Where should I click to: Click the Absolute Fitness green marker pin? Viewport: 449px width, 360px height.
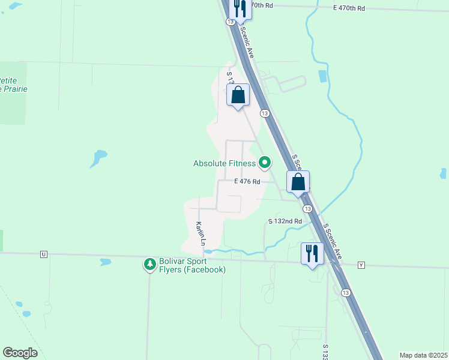[265, 163]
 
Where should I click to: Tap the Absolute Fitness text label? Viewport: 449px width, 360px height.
[224, 163]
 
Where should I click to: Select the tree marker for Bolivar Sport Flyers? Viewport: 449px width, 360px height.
[149, 264]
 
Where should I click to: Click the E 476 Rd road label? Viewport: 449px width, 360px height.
[247, 181]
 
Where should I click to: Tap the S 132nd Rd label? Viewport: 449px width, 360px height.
[285, 221]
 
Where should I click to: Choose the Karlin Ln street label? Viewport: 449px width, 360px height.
[200, 234]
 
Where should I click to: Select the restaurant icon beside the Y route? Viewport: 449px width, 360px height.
[312, 253]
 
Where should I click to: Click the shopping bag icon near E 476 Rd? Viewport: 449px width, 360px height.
[298, 181]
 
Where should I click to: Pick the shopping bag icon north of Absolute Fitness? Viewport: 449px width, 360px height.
[238, 95]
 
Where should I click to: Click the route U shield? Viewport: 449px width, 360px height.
[44, 254]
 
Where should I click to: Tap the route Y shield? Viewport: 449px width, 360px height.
[361, 265]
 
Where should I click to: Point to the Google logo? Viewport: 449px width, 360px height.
[20, 353]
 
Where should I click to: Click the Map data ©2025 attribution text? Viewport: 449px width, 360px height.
[423, 355]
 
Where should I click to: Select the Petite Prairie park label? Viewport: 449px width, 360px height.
[12, 85]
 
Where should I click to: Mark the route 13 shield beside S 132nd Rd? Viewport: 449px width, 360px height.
[307, 208]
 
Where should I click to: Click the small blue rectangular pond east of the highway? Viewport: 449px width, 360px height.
[323, 76]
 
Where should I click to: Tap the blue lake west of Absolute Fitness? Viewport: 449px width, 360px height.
[98, 158]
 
